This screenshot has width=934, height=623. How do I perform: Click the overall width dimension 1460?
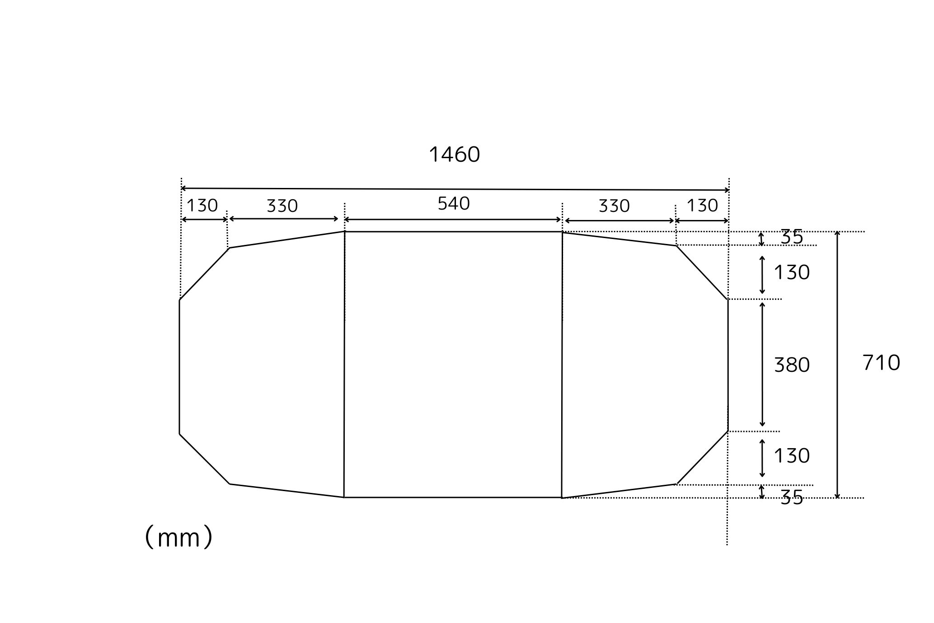[x=454, y=155]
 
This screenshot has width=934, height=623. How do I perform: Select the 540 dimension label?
[x=454, y=204]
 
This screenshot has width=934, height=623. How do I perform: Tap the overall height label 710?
[x=881, y=363]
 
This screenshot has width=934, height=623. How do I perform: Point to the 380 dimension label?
[x=792, y=365]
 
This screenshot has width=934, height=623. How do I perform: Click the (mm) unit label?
[x=178, y=537]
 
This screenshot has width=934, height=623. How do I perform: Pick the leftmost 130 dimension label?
[x=202, y=206]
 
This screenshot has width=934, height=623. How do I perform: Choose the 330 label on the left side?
[x=282, y=206]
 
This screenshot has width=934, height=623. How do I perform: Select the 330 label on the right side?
[x=614, y=206]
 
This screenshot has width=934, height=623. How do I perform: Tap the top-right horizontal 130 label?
[x=702, y=206]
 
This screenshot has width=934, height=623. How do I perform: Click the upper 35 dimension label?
[x=792, y=237]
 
